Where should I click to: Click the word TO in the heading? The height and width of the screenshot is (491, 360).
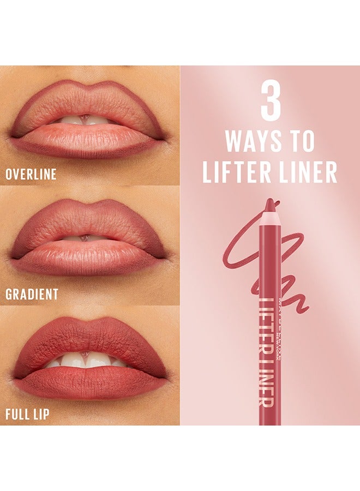(x=302, y=142)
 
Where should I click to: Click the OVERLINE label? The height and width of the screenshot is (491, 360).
(x=31, y=175)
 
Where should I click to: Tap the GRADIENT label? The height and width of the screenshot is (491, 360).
(x=32, y=295)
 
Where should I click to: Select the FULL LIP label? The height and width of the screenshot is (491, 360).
(x=27, y=414)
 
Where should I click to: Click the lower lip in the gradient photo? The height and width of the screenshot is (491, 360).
(x=87, y=259)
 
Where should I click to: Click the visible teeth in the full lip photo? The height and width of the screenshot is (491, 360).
(x=87, y=360)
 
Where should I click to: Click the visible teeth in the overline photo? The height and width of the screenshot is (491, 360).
(x=85, y=120)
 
